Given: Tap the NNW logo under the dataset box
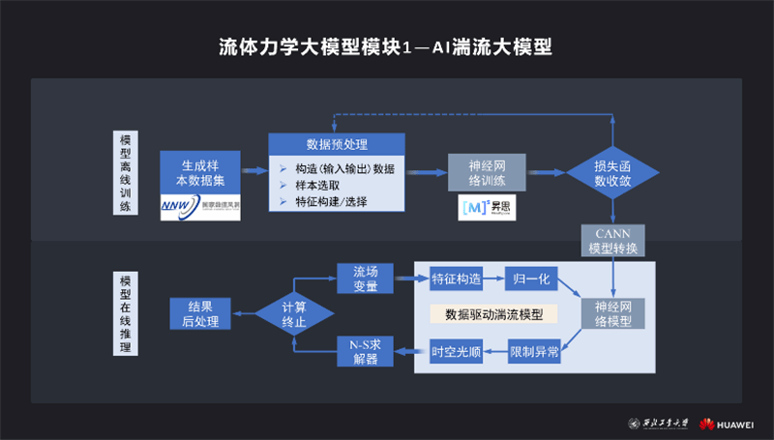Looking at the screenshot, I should (199, 205).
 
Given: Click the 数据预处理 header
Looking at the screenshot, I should (336, 144).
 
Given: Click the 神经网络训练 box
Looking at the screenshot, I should (488, 172).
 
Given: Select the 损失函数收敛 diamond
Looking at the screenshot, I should (612, 172).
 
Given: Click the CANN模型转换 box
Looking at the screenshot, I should (612, 240).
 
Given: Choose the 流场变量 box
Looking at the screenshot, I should (365, 279).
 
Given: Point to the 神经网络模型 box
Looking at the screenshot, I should (612, 312).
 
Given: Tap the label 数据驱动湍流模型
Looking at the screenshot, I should (493, 315).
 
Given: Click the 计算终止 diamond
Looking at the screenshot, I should (294, 313).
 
